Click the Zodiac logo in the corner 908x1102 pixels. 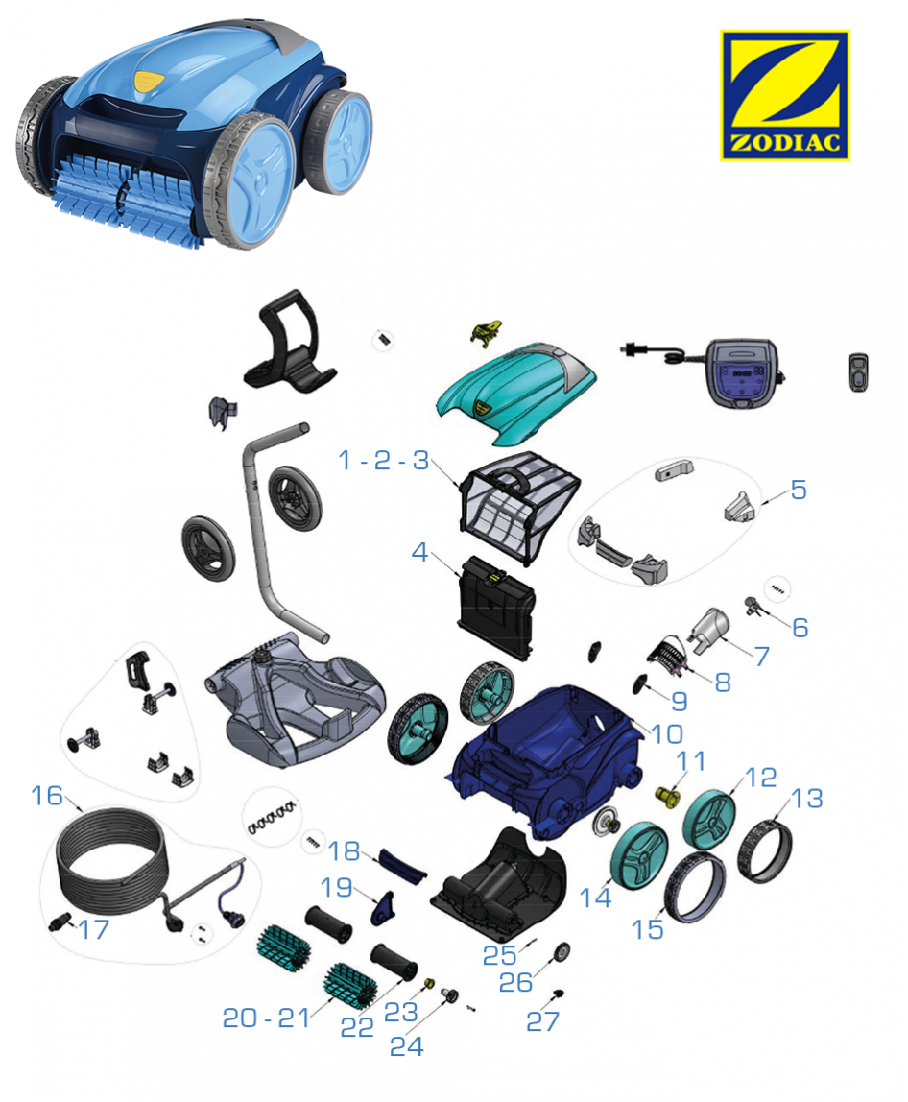coord(784,96)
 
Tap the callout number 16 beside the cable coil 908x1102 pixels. coord(47,796)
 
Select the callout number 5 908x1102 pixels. coord(799,490)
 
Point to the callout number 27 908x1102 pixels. coord(542,1021)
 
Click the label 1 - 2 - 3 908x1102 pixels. coord(384,461)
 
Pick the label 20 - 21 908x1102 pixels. coord(267,1018)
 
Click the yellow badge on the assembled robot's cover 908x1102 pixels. coord(147,82)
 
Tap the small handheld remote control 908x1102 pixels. coord(858,371)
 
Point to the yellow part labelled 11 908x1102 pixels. coord(667,796)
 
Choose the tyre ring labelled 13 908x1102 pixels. coord(765,851)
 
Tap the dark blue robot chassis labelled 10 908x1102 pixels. coord(544,755)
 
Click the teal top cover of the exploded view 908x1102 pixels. coord(516,394)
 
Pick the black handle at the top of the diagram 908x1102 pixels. coord(289,340)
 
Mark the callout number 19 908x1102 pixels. coord(337,887)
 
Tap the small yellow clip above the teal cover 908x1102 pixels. coord(487,332)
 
